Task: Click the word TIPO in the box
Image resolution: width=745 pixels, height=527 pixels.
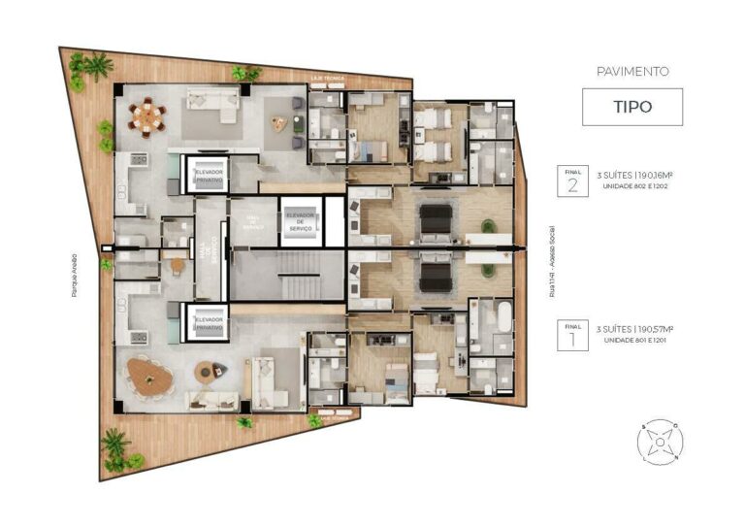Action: [x=632, y=107]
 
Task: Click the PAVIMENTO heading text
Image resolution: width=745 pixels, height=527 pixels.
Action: [x=632, y=71]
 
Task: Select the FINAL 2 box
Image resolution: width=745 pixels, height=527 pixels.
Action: [x=571, y=181]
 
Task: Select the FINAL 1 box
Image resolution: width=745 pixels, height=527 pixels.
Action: [x=571, y=335]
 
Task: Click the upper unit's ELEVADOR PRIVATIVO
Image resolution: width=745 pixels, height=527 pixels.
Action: [x=208, y=174]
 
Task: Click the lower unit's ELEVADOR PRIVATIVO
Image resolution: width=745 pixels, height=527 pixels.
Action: [x=208, y=323]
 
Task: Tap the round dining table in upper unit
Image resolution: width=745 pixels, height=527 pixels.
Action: [x=147, y=115]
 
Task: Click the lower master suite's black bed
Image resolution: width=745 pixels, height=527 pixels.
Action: [x=436, y=278]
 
